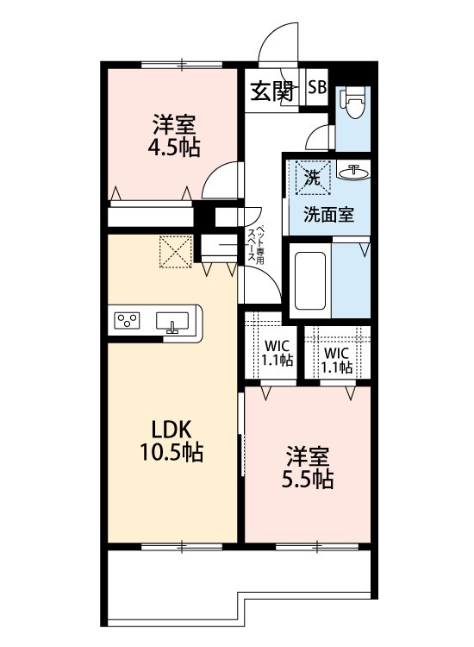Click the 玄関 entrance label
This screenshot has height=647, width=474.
pyautogui.click(x=272, y=91)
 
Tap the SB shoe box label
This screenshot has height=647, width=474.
pyautogui.click(x=318, y=87)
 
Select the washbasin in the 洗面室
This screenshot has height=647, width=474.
pyautogui.click(x=353, y=172)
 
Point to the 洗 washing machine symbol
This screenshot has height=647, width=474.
pyautogui.click(x=313, y=178)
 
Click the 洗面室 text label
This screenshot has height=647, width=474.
pyautogui.click(x=329, y=215)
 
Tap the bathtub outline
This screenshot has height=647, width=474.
pyautogui.click(x=310, y=280)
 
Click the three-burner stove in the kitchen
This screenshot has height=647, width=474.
pyautogui.click(x=128, y=321)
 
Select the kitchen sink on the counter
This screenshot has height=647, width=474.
pyautogui.click(x=172, y=322)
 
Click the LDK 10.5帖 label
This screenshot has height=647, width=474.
pyautogui.click(x=172, y=441)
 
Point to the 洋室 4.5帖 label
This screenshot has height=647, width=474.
pyautogui.click(x=174, y=135)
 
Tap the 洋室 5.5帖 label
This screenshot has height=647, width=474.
pyautogui.click(x=308, y=467)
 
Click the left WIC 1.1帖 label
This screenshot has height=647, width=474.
pyautogui.click(x=278, y=353)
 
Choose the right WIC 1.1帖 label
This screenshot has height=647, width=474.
pyautogui.click(x=337, y=360)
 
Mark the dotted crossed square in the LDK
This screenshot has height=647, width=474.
pyautogui.click(x=176, y=252)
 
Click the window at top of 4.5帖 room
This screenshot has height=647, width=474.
pyautogui.click(x=182, y=65)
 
